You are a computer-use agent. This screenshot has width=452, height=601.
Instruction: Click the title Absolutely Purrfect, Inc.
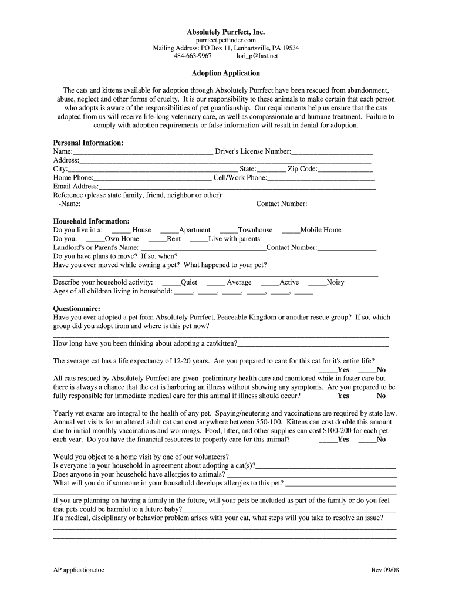[x=226, y=31]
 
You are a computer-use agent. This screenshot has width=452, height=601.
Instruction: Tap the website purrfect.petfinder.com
[x=226, y=40]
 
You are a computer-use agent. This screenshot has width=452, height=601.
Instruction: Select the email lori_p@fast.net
[x=257, y=56]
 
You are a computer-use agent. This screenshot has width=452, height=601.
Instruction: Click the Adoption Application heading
[x=226, y=73]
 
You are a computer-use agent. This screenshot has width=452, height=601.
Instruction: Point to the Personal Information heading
[x=88, y=143]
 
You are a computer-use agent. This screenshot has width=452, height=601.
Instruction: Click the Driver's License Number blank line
[x=332, y=153]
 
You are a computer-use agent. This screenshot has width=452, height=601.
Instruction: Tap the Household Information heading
[x=92, y=221]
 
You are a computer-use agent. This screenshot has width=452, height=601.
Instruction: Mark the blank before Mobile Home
[x=291, y=231]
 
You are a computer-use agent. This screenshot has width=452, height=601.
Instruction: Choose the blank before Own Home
[x=95, y=240]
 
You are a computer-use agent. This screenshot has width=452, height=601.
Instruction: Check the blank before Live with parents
[x=200, y=240]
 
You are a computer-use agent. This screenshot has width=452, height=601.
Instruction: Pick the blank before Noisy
[x=317, y=283]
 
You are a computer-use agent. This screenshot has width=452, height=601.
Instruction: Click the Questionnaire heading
[x=76, y=309]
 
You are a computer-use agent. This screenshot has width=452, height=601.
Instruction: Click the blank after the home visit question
[x=314, y=458]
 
